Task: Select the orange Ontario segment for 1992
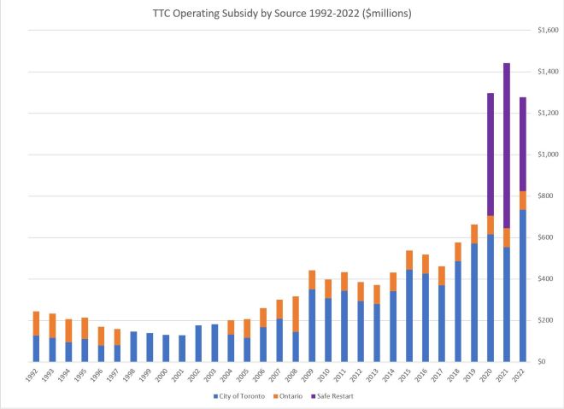36,324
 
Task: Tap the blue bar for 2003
214,342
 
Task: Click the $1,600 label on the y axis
546,30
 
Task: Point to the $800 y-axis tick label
548,196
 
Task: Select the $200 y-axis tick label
548,320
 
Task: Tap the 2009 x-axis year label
311,377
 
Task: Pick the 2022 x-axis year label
522,377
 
